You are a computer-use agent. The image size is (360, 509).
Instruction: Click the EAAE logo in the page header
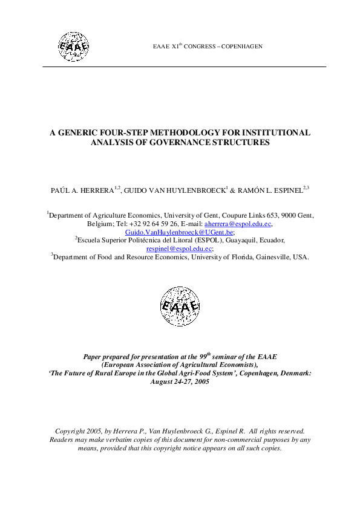coord(73,45)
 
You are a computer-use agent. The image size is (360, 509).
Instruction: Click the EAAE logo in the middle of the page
coord(180,305)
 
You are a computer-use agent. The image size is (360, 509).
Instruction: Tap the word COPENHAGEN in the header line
coord(241,47)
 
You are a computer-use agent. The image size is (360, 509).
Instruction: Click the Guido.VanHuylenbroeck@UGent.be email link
coord(179,232)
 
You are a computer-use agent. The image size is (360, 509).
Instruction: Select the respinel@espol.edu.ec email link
coord(179,248)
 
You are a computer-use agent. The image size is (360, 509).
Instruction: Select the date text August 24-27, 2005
coord(180,383)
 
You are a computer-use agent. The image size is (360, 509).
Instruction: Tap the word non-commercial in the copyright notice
coord(227,440)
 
